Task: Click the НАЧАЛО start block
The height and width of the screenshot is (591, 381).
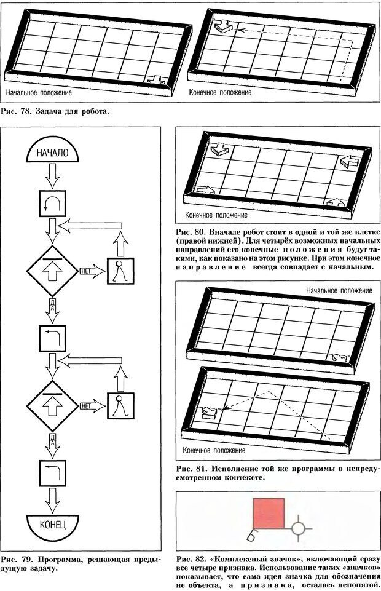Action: tap(53, 149)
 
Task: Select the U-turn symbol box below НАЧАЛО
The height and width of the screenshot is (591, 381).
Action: tap(53, 204)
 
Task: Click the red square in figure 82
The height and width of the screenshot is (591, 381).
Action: tap(269, 513)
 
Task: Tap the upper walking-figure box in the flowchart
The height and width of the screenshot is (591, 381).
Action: tap(120, 271)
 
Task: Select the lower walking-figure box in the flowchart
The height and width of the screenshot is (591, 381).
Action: tap(120, 406)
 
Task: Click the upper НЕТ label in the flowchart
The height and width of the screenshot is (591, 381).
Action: tap(85, 271)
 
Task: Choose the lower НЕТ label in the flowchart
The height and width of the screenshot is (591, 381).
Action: tap(85, 406)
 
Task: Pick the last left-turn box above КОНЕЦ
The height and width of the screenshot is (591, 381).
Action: tap(53, 473)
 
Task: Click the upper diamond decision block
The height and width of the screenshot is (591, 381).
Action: tap(53, 271)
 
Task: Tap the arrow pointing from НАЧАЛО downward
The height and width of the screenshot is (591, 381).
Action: tap(53, 175)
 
